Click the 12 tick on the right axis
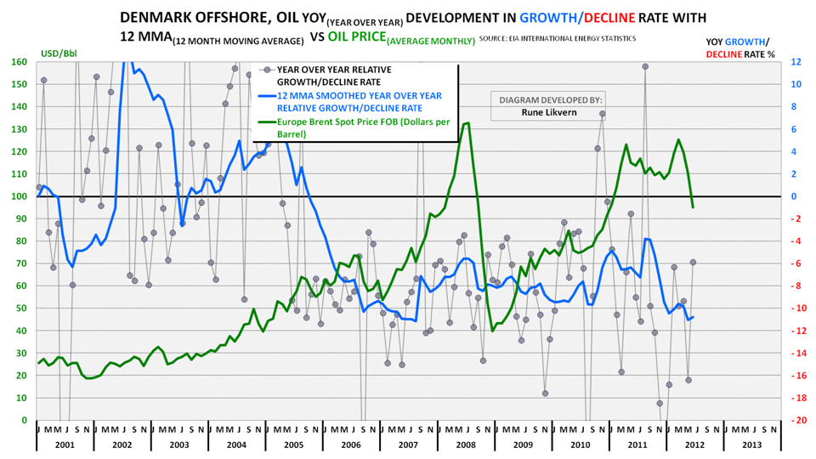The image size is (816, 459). pyautogui.click(x=796, y=62)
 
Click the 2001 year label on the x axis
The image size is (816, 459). pyautogui.click(x=65, y=444)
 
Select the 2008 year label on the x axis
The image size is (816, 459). pyautogui.click(x=467, y=444)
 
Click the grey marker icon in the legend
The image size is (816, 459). pyautogui.click(x=267, y=70)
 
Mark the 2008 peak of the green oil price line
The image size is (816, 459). pyautogui.click(x=467, y=123)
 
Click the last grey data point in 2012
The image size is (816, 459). pyautogui.click(x=693, y=262)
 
